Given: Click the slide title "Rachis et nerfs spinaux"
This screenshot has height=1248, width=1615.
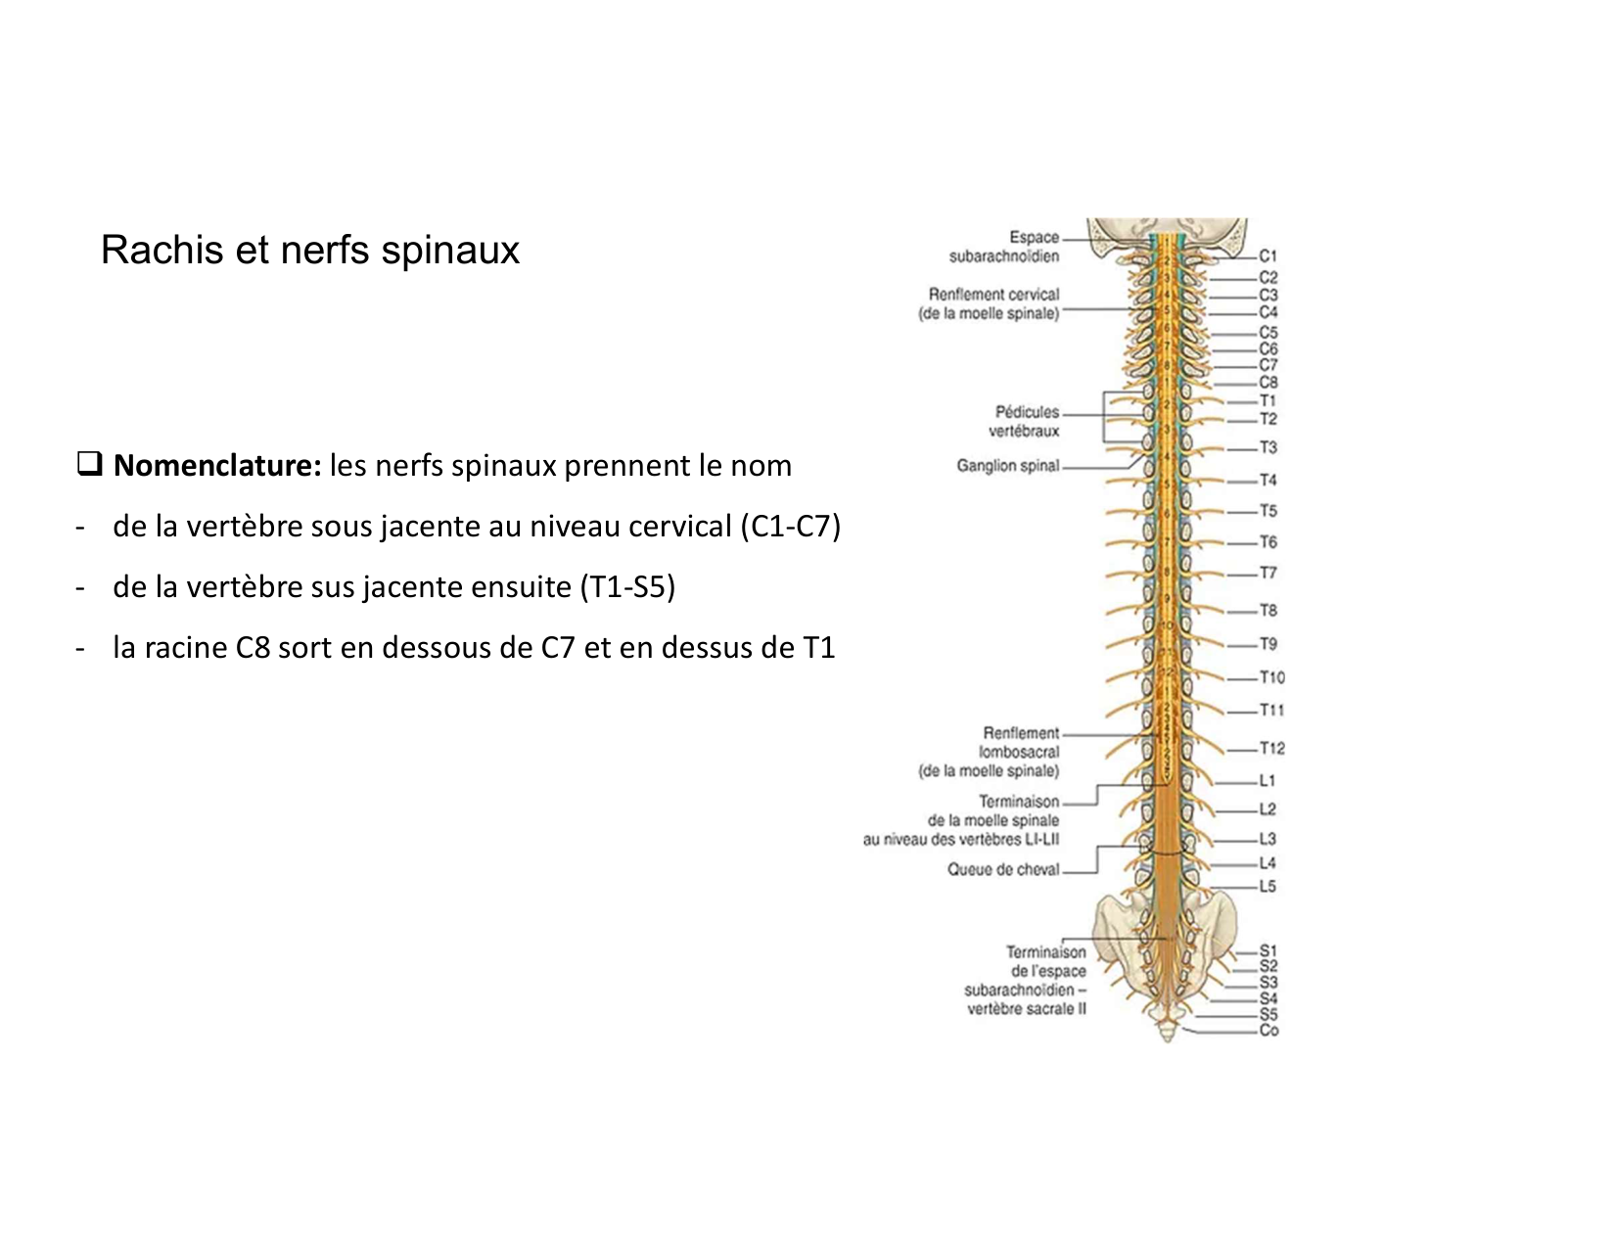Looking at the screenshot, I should coord(309,251).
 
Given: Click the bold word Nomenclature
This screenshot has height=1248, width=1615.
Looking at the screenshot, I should coord(217,466).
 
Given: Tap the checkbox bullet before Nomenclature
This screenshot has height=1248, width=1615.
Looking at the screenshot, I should coord(90,464).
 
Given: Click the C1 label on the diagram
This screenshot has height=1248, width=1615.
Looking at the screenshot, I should coord(1268,257).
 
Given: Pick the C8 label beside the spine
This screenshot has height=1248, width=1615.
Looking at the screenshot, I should coord(1268,383).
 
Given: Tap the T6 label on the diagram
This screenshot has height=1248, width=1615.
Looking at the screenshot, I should coord(1268,542).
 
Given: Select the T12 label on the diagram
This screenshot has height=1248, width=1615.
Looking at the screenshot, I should coord(1271,749).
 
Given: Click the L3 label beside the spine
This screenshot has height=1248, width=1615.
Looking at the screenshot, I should coord(1268,839).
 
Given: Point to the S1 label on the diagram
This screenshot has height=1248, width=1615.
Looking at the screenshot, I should coord(1268,950).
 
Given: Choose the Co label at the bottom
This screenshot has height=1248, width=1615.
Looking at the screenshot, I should coord(1269,1031).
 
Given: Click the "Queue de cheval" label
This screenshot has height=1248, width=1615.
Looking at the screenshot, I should coord(1002,869).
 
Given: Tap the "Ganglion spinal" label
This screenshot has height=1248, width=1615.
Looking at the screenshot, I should coord(1007,466).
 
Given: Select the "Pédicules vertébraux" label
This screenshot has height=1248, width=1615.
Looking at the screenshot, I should coord(1026,422).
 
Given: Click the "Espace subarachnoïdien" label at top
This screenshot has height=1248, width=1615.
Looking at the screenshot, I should coord(1005,247).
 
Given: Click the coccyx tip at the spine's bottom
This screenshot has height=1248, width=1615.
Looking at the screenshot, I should coord(1167,1036).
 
